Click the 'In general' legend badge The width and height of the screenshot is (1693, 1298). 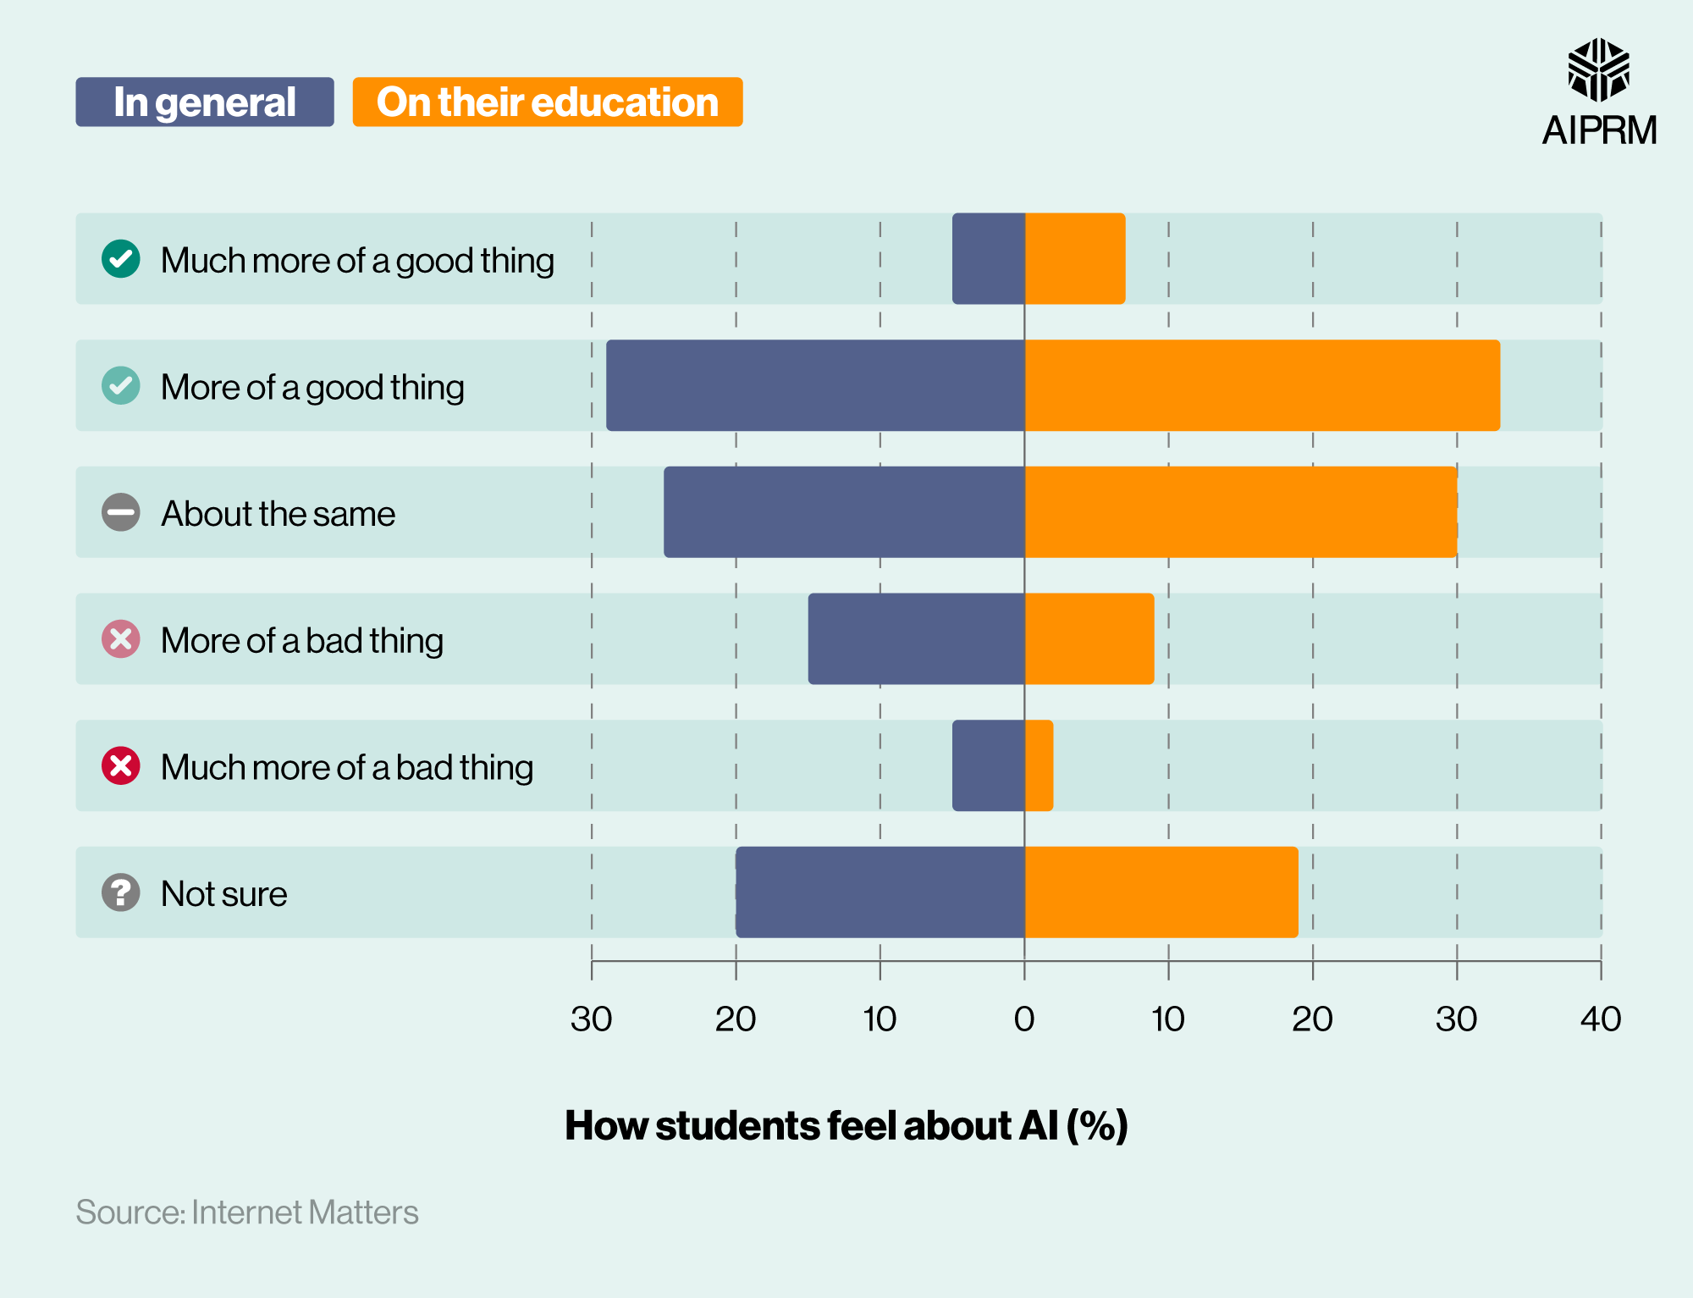(204, 102)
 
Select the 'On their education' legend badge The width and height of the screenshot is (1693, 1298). (547, 102)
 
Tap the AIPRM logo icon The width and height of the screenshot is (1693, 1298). (1598, 70)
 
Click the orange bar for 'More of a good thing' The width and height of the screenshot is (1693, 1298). (1261, 385)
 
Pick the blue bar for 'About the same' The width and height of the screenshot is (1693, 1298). (844, 512)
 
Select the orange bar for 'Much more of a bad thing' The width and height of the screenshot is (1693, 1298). (1039, 765)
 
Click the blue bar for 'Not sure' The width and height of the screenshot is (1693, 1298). (880, 892)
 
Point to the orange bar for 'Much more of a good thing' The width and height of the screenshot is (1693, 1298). (1075, 258)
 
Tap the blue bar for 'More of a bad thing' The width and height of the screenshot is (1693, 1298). (916, 638)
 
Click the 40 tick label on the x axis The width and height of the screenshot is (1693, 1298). (1600, 1019)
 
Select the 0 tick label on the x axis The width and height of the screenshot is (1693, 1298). (1024, 1019)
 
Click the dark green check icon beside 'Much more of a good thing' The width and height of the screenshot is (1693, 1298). (121, 259)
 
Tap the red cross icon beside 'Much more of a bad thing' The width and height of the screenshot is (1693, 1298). (121, 766)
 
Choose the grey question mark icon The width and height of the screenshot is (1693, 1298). (121, 892)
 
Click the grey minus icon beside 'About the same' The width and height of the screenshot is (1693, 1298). (121, 512)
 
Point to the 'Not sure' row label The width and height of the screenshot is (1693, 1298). (224, 894)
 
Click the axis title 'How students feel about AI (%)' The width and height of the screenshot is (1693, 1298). (846, 1125)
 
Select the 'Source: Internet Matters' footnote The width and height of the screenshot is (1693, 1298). (247, 1212)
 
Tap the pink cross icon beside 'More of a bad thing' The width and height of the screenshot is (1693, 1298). (121, 639)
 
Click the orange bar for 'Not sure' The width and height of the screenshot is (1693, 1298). (1161, 892)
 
